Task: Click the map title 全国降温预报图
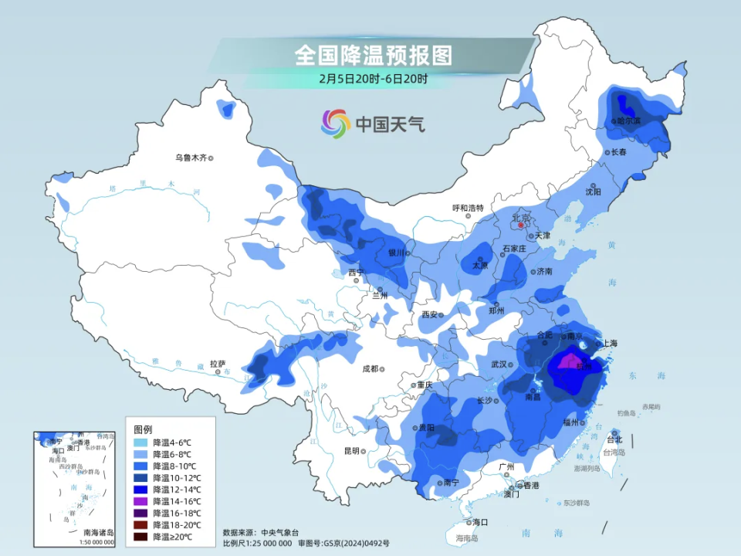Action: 373,56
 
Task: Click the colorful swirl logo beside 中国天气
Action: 336,123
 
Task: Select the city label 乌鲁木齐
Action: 190,158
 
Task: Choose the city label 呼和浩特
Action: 468,208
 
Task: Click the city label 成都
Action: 370,368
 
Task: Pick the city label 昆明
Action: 351,450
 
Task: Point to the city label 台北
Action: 614,439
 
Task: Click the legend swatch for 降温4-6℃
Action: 140,443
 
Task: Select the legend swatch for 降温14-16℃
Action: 140,501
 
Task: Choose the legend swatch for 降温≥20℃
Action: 140,537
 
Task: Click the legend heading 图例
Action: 143,429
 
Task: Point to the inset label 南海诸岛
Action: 98,532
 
